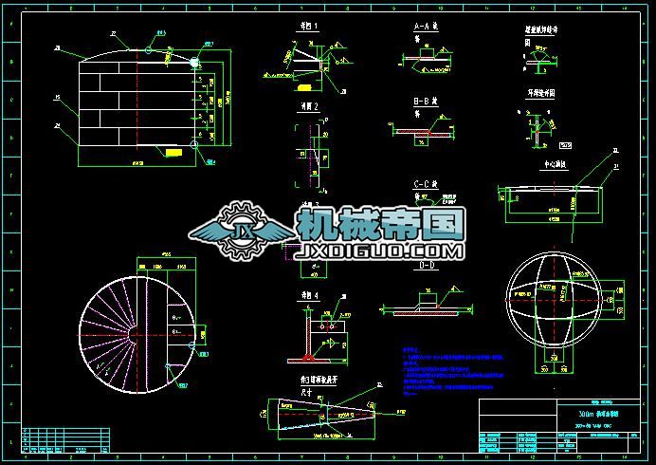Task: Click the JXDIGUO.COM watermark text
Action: (380, 251)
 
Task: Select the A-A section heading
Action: (426, 28)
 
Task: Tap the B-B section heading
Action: (424, 101)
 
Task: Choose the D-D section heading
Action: (427, 267)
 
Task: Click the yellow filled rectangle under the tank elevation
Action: (173, 152)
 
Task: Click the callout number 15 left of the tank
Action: (59, 98)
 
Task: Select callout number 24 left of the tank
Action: (59, 124)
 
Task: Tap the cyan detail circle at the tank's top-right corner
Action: (197, 63)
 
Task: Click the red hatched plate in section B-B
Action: (418, 134)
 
